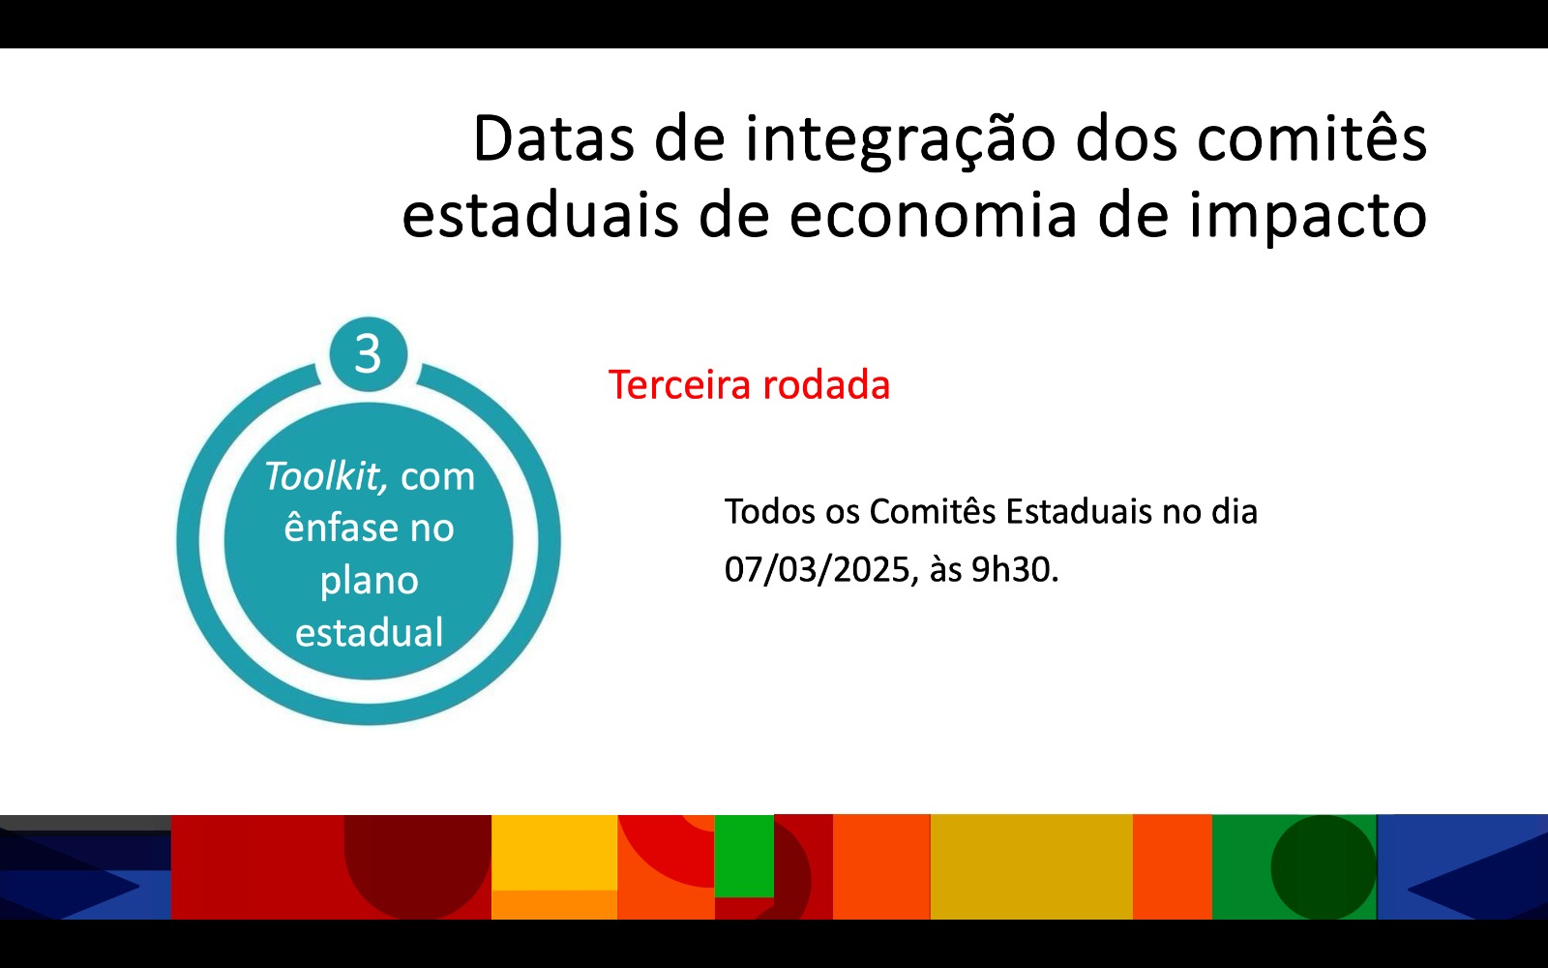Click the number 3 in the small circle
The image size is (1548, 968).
pyautogui.click(x=368, y=354)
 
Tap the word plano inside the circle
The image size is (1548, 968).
pyautogui.click(x=369, y=581)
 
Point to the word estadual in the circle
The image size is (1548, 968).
pyautogui.click(x=369, y=633)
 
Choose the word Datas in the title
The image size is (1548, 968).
pyautogui.click(x=552, y=138)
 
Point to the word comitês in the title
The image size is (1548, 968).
pyautogui.click(x=1311, y=138)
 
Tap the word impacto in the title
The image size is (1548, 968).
pyautogui.click(x=1307, y=217)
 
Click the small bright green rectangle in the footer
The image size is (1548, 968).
pyautogui.click(x=744, y=856)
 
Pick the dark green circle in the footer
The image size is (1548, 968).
pyautogui.click(x=1323, y=867)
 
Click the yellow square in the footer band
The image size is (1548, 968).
pyautogui.click(x=554, y=852)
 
